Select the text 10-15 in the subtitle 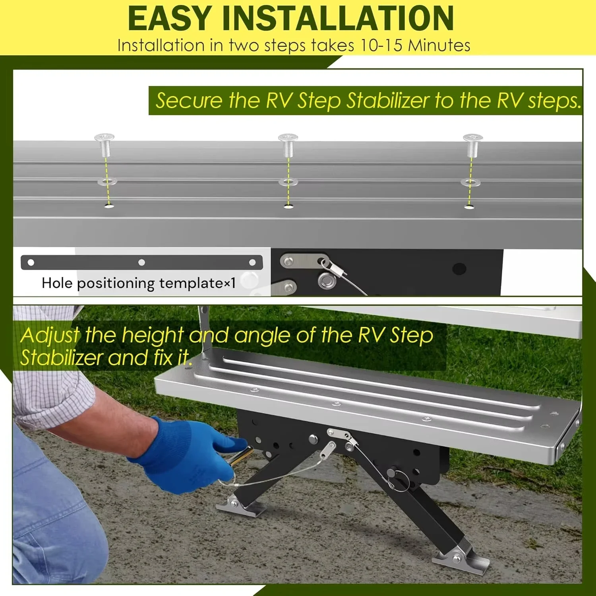tap(381, 45)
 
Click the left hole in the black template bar tap(31, 262)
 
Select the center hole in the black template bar tap(141, 262)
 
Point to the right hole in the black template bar tap(252, 262)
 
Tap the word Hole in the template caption tap(57, 283)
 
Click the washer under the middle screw tap(288, 182)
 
